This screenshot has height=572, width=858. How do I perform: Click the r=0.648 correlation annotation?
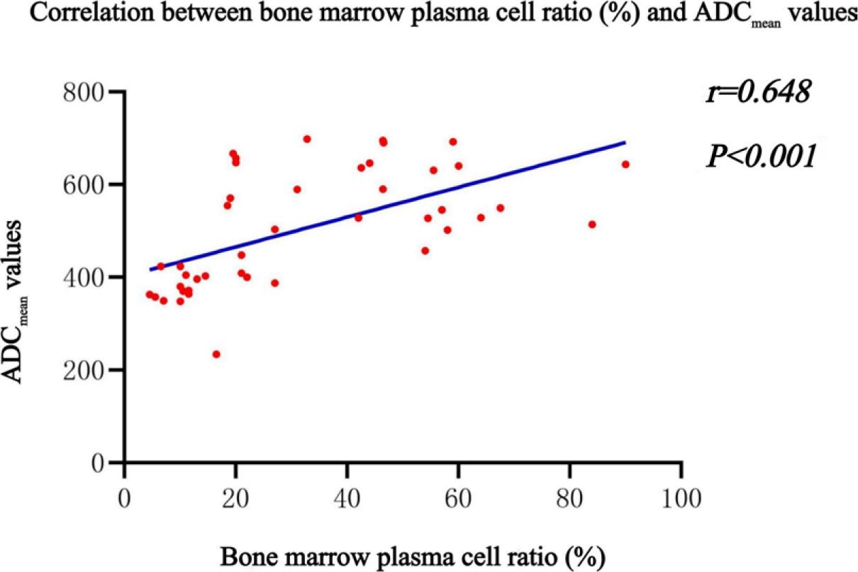pyautogui.click(x=757, y=94)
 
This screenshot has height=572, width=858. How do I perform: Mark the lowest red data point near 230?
pyautogui.click(x=216, y=354)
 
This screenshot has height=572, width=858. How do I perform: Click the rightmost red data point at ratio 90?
pyautogui.click(x=625, y=164)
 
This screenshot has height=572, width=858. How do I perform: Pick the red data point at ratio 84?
pyautogui.click(x=592, y=225)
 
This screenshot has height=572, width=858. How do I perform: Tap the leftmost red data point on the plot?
pyautogui.click(x=150, y=295)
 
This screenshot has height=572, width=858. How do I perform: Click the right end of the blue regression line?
pyautogui.click(x=625, y=142)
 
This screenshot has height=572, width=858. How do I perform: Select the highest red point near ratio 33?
pyautogui.click(x=307, y=139)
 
